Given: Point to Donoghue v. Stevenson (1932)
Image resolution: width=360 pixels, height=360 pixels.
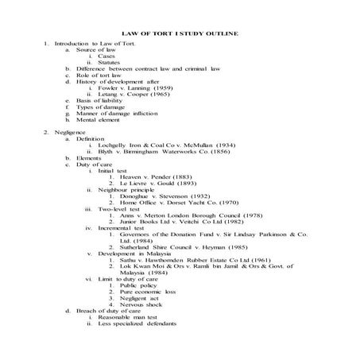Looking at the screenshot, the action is tap(163, 195).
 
